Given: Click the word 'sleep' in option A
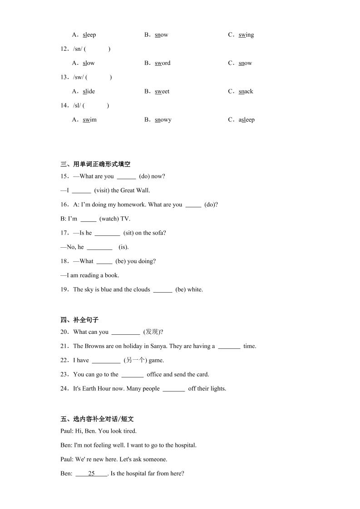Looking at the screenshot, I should coord(89,35).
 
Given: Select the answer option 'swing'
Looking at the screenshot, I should coord(246,35).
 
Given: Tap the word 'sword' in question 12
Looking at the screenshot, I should coord(163,63).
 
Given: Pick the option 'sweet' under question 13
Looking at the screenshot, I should coord(162,91).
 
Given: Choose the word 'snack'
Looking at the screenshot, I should coord(246,91).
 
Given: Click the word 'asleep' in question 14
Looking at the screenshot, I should coord(247,120).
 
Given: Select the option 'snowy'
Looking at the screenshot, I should coord(163,120).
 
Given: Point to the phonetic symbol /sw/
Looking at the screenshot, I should coord(78,77).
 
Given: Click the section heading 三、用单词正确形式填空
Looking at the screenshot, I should coord(95,164).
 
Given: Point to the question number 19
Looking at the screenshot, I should coord(64,289).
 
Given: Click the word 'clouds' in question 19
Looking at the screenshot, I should coord(141,289).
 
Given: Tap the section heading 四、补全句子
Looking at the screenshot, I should coord(79,320).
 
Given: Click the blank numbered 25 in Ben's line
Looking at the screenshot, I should coord(91,474).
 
